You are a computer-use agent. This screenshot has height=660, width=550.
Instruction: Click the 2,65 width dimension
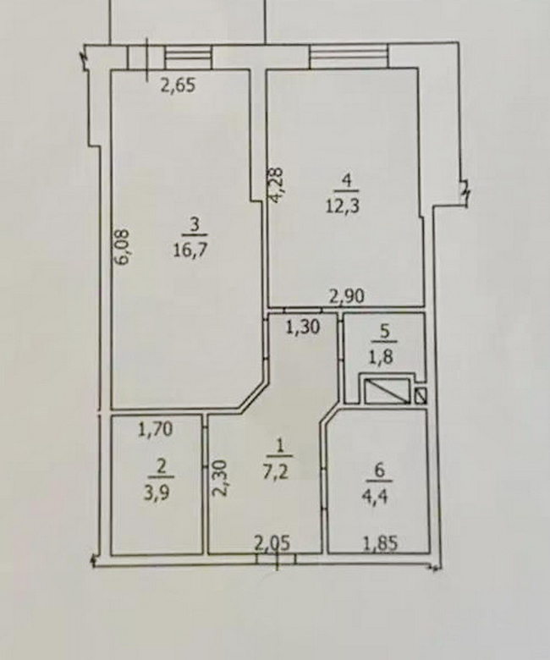pos(179,85)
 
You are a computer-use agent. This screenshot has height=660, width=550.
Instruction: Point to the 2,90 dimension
pos(346,296)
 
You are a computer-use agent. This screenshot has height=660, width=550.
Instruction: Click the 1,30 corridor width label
pos(303,327)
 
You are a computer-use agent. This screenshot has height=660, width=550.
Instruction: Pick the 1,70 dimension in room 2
pos(156,429)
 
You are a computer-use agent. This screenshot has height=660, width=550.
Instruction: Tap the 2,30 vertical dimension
pos(220,479)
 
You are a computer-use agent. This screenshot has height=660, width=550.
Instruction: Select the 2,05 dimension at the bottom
pos(272,543)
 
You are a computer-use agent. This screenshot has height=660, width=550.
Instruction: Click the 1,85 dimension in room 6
pos(380,543)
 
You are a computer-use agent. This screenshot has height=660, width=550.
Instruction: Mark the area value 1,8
pos(382,357)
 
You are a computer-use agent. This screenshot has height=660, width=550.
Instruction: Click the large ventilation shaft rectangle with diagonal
pos(388,391)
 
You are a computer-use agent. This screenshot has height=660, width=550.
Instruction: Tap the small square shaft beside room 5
pos(421,395)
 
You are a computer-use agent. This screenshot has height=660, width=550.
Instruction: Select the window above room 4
pos(349,56)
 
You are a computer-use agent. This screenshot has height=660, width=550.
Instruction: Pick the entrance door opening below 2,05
pos(277,559)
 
